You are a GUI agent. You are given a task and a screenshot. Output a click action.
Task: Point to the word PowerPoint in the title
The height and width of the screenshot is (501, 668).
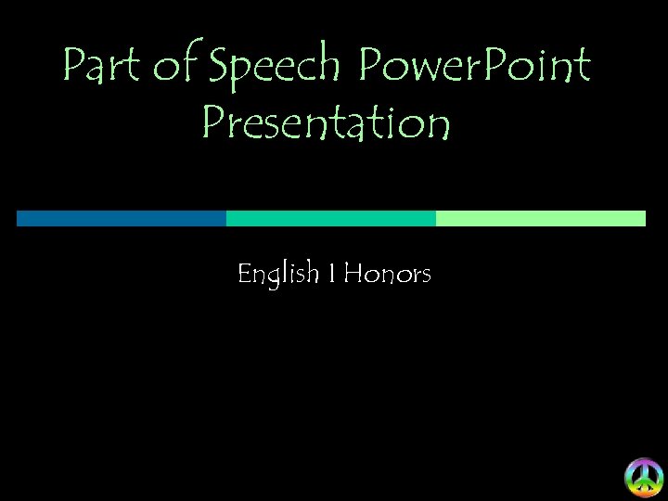474,67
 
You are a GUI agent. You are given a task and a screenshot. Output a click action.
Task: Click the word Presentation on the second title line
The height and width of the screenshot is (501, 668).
326,124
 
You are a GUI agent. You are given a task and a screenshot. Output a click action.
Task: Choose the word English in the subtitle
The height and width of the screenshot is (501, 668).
277,275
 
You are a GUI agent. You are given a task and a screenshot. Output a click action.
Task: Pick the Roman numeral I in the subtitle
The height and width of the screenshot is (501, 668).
331,275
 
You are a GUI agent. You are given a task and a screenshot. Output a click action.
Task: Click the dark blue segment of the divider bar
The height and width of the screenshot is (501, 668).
121,218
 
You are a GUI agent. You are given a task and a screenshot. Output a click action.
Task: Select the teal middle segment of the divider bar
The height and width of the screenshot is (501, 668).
330,218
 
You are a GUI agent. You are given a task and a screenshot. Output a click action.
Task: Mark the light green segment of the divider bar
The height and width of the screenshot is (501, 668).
540,218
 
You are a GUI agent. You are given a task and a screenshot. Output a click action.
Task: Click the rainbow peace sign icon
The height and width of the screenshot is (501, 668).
643,477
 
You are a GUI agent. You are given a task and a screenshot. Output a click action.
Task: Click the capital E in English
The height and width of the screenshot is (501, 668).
245,275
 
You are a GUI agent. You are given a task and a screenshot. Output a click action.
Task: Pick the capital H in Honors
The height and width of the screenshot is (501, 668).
353,275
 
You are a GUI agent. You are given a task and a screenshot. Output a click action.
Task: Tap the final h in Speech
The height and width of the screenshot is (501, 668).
331,67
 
